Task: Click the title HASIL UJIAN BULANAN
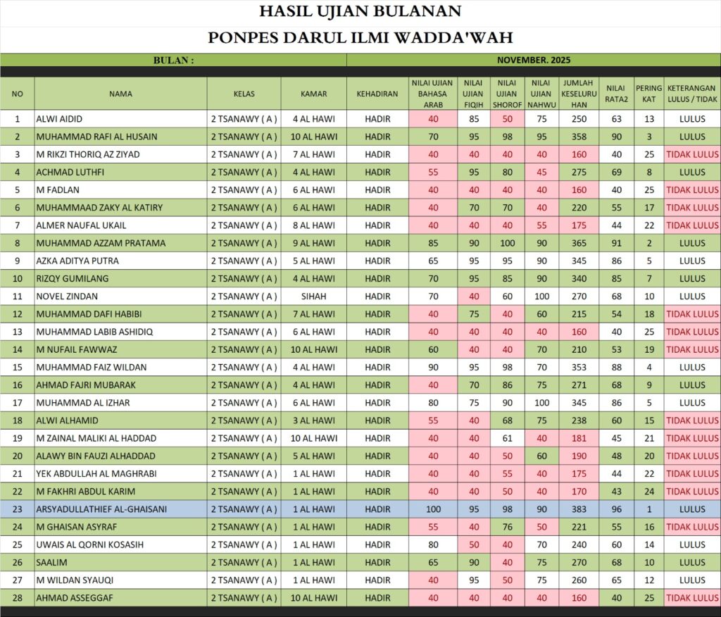[x=360, y=12]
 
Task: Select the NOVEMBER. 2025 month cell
[x=533, y=61]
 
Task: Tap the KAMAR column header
[x=313, y=94]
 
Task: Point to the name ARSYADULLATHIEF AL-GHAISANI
[x=101, y=509]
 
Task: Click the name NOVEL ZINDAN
[x=67, y=297]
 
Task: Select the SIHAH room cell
[x=313, y=297]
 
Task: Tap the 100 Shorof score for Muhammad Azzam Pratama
[x=507, y=243]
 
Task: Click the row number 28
[x=18, y=598]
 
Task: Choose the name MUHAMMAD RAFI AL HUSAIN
[x=96, y=137]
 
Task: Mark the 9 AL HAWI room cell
[x=313, y=243]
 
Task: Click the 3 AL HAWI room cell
[x=313, y=420]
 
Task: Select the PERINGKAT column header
[x=648, y=94]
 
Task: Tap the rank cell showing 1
[x=648, y=509]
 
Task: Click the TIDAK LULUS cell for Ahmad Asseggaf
[x=692, y=598]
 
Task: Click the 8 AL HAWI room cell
[x=313, y=225]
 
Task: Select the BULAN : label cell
[x=173, y=61]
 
